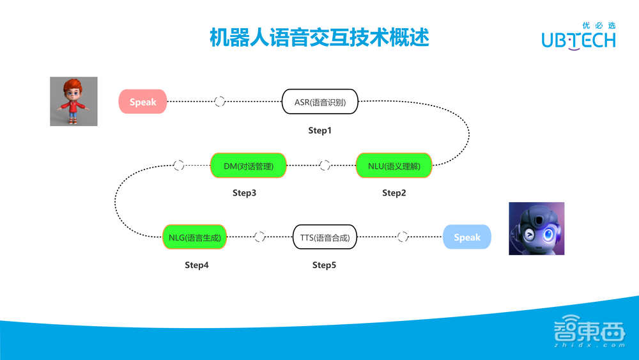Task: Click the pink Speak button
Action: [142, 102]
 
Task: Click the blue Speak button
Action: [467, 237]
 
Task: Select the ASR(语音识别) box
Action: [320, 102]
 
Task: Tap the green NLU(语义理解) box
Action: [394, 166]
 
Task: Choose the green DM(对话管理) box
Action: [249, 166]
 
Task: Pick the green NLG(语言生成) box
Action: [195, 237]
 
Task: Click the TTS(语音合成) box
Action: [325, 237]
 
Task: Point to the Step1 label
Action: [320, 130]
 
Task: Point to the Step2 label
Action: [394, 193]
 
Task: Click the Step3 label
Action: [244, 193]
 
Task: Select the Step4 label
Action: [197, 265]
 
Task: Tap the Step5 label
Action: [324, 265]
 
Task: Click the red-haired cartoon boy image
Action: [74, 101]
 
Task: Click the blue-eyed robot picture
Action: [536, 228]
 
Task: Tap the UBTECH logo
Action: [578, 36]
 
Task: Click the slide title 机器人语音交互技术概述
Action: [319, 37]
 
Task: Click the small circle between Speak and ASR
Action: [220, 102]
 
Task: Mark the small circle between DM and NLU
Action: [325, 166]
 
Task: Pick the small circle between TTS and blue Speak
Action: [403, 237]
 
